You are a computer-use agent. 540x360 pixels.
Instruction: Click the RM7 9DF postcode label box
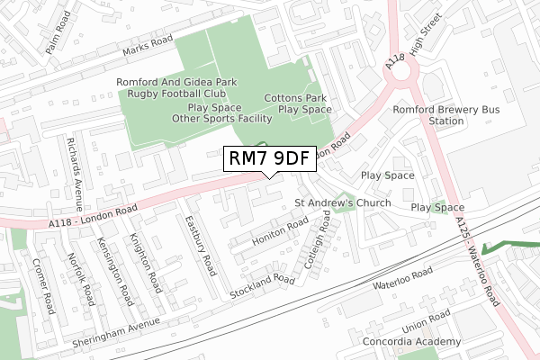tap(269, 159)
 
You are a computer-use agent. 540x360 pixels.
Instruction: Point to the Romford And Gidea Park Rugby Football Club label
tap(176, 87)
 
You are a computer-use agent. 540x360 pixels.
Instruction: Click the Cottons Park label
tap(295, 97)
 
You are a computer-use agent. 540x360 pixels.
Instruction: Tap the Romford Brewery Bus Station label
tap(434, 115)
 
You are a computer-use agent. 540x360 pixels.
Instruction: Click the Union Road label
tap(426, 319)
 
